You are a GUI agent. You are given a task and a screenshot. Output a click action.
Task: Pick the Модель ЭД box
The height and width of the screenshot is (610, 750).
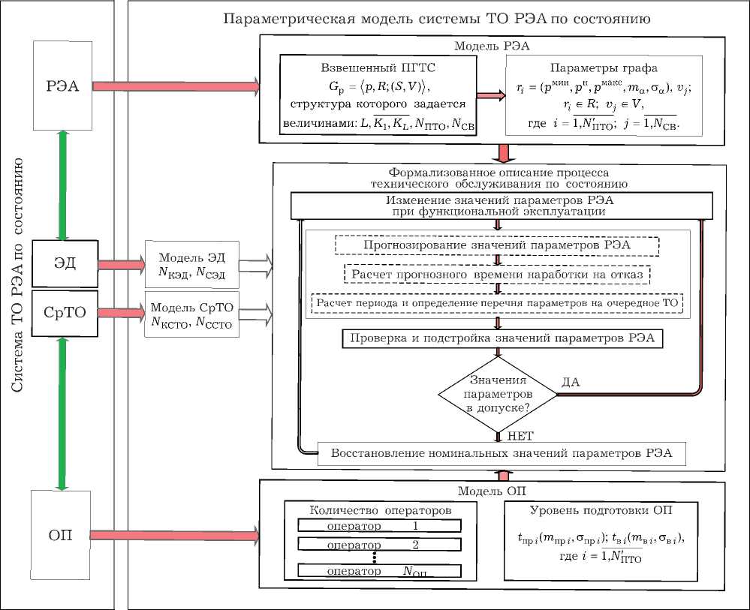(x=191, y=265)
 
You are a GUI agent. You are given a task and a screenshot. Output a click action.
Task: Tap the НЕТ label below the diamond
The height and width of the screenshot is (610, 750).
(x=522, y=435)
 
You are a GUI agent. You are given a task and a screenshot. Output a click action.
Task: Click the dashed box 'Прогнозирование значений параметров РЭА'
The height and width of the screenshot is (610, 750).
(x=497, y=245)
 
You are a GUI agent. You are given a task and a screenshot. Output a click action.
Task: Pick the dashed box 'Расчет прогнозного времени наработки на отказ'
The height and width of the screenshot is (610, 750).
(x=497, y=274)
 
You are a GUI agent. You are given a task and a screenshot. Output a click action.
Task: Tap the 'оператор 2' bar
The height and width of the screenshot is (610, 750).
(x=379, y=543)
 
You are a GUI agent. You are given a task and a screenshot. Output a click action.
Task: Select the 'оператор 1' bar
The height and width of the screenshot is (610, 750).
(x=379, y=525)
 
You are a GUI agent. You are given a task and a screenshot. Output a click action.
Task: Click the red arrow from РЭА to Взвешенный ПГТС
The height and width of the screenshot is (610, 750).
(x=176, y=88)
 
